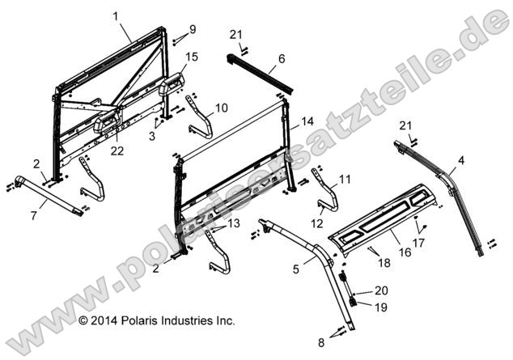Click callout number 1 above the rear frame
point(115,16)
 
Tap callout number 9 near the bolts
point(192,30)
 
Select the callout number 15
point(191,56)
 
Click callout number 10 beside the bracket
point(221,107)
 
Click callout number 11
point(345,178)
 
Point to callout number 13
point(233,223)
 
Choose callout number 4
point(460,160)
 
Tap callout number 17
point(418,241)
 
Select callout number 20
point(382,290)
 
